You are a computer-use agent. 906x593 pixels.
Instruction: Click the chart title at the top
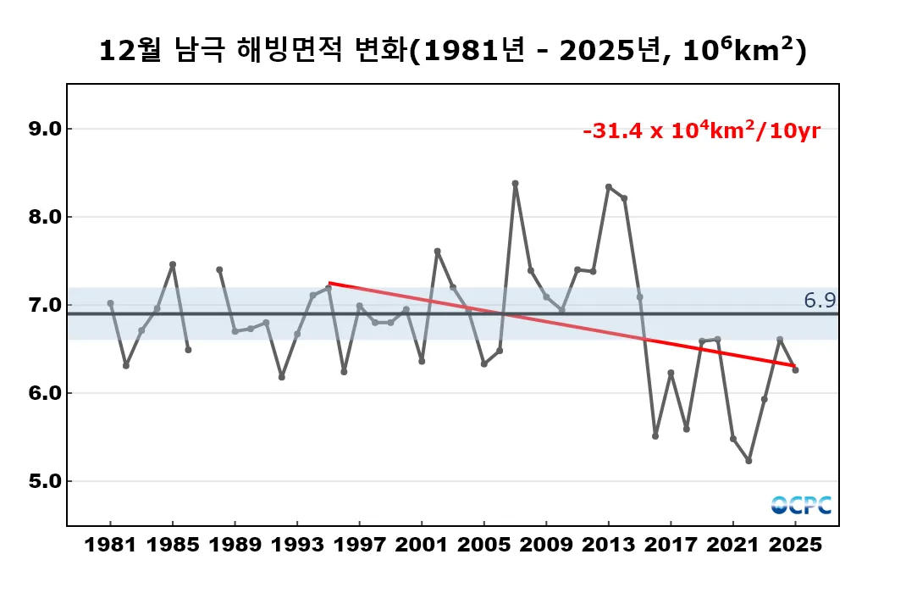click(x=452, y=50)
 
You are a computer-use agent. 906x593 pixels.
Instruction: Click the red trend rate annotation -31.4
click(x=701, y=132)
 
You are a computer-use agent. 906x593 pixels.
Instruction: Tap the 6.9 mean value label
click(x=820, y=301)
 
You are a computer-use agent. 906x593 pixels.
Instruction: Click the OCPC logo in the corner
click(x=801, y=505)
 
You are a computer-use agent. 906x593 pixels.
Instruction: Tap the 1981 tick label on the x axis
click(x=110, y=545)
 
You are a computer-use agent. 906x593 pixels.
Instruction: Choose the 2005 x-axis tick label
click(x=483, y=545)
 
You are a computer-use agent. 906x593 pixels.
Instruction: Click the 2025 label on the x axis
click(x=795, y=545)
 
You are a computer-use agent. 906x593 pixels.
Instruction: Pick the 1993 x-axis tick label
click(x=297, y=545)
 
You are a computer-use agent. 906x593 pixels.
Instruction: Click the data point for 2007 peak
click(x=515, y=183)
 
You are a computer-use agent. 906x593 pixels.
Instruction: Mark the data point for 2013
click(x=608, y=186)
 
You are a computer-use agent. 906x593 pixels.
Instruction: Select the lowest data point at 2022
click(x=749, y=461)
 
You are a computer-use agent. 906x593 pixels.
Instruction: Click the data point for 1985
click(x=173, y=264)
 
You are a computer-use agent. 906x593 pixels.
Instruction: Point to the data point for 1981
click(x=110, y=303)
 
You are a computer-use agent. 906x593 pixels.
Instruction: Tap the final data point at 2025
click(x=795, y=370)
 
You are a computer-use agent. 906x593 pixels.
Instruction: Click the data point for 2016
click(x=655, y=435)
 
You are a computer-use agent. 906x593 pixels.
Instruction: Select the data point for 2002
click(x=437, y=251)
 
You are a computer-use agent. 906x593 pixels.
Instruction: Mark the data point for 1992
click(x=282, y=377)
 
